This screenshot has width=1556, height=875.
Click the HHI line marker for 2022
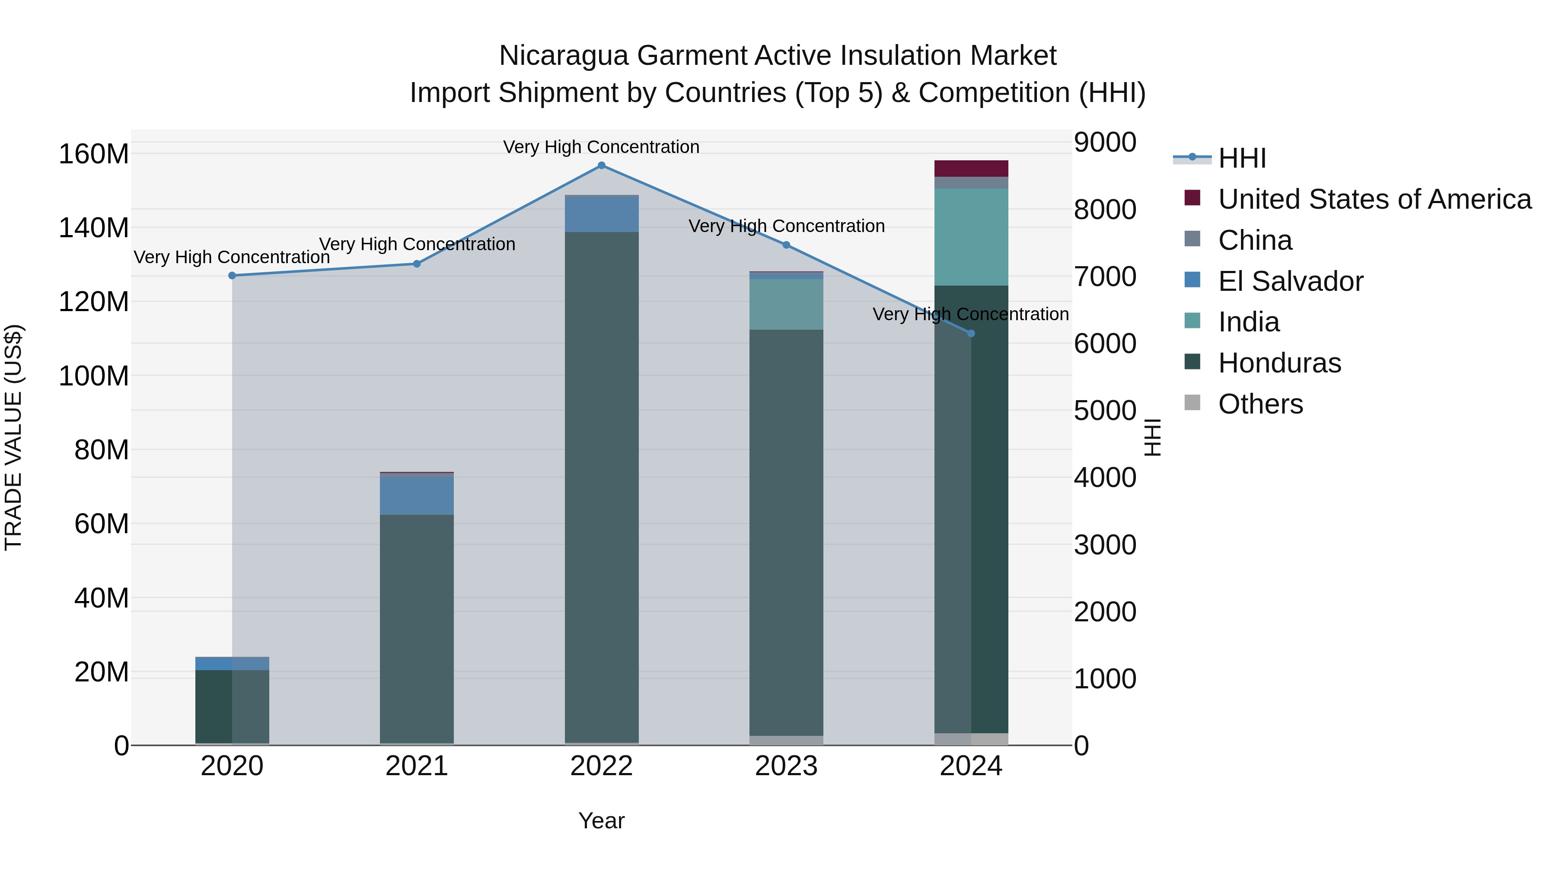[x=601, y=165]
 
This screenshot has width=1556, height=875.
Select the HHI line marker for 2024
[x=971, y=333]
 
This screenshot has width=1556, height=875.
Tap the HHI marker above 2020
[x=232, y=275]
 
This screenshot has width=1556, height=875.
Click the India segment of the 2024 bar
[x=971, y=237]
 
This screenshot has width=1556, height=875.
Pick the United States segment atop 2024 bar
[x=971, y=169]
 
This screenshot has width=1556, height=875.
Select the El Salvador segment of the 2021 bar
[x=417, y=495]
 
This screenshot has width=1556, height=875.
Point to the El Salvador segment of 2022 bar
[x=601, y=214]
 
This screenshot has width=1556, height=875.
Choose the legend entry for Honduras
[x=1279, y=363]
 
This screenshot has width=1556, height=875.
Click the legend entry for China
[x=1255, y=240]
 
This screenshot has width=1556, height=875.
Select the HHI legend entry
[x=1241, y=158]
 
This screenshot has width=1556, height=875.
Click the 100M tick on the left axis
[x=94, y=376]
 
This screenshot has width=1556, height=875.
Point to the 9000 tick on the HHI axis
[x=1105, y=143]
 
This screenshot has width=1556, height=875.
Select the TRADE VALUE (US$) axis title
[x=13, y=437]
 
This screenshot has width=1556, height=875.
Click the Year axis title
[x=601, y=821]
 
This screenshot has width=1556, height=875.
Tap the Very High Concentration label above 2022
[x=601, y=147]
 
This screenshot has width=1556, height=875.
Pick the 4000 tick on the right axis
[x=1105, y=477]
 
